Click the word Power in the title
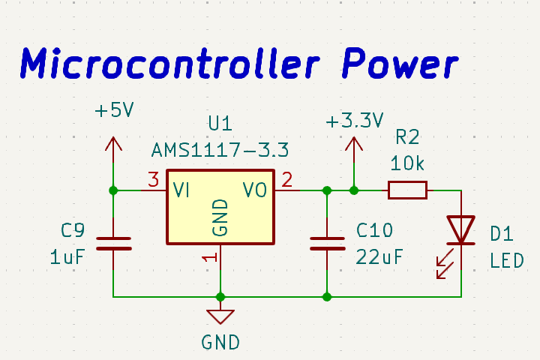(x=398, y=64)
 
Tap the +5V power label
(x=114, y=111)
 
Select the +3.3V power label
(x=355, y=121)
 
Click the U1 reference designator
(x=220, y=122)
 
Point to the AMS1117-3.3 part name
(x=220, y=149)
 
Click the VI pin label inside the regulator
(x=181, y=190)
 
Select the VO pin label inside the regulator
(x=255, y=190)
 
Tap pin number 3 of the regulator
(x=153, y=180)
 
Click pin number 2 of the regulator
(x=286, y=180)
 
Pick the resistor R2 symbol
(x=407, y=190)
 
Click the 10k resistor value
(x=407, y=163)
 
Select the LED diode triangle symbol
(x=460, y=229)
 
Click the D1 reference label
(x=502, y=235)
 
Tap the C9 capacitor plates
(x=113, y=243)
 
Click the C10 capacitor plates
(x=327, y=243)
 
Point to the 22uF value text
(x=379, y=256)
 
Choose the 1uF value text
(x=67, y=256)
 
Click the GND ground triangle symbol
(x=220, y=316)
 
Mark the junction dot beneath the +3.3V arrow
(x=354, y=190)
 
